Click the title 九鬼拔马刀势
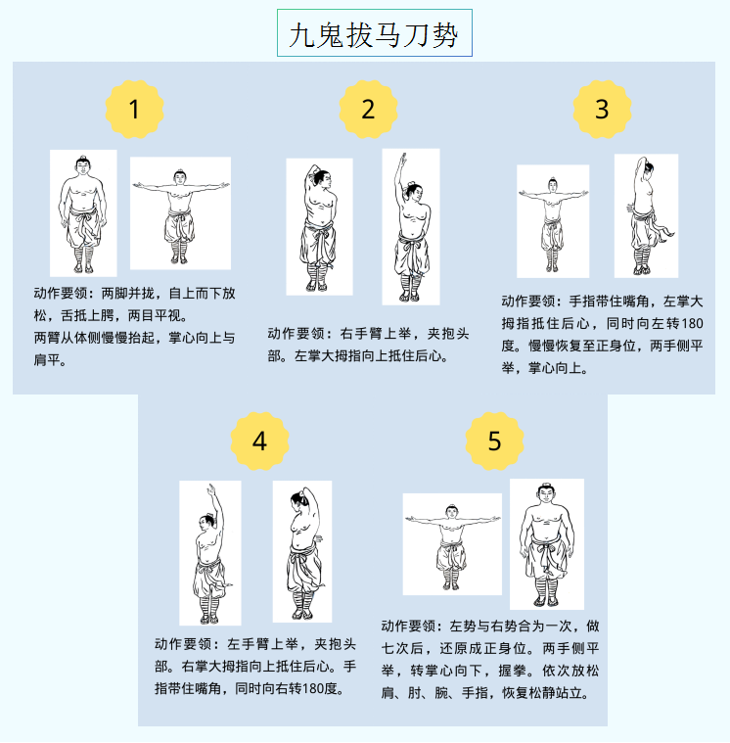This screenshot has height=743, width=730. [x=374, y=34]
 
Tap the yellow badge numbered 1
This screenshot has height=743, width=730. [x=134, y=109]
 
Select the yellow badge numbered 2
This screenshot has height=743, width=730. [x=368, y=109]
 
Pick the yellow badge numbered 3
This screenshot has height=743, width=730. [x=602, y=109]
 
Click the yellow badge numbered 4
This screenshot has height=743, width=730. [x=259, y=441]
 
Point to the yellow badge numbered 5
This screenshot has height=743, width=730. [x=494, y=441]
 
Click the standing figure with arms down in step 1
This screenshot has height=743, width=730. [x=83, y=213]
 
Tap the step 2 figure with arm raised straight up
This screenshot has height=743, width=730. [x=411, y=226]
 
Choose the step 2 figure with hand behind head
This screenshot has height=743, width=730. [x=319, y=226]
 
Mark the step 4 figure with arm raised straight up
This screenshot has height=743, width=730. [x=209, y=553]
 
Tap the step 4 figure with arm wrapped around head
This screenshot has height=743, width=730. [x=302, y=551]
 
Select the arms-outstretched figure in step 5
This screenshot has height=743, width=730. [x=452, y=544]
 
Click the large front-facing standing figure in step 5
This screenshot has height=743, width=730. [x=547, y=544]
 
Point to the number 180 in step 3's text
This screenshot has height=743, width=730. [x=693, y=324]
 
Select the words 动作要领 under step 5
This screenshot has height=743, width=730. [x=408, y=626]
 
